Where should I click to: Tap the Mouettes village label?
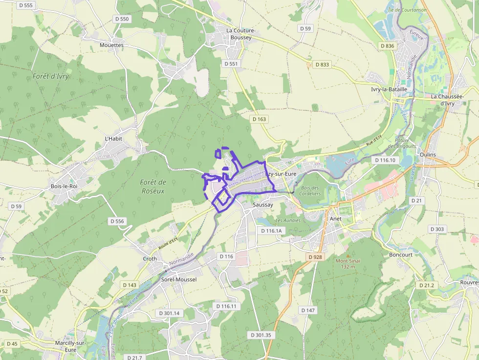click(111, 45)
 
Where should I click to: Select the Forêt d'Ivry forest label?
click(51, 76)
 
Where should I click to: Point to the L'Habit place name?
click(113, 139)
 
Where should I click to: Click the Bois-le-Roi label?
click(64, 186)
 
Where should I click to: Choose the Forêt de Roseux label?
click(153, 187)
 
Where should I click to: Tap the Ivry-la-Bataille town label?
click(389, 89)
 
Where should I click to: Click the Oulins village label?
click(428, 154)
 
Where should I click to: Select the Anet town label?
click(336, 219)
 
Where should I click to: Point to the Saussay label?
click(263, 205)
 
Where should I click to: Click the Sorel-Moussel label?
click(179, 279)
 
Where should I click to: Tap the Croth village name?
click(150, 259)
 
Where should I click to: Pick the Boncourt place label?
click(401, 254)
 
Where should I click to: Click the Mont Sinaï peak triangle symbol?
click(348, 255)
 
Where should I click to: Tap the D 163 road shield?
click(260, 119)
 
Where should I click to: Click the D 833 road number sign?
click(322, 64)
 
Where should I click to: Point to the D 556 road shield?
click(117, 221)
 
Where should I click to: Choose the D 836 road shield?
click(387, 46)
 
